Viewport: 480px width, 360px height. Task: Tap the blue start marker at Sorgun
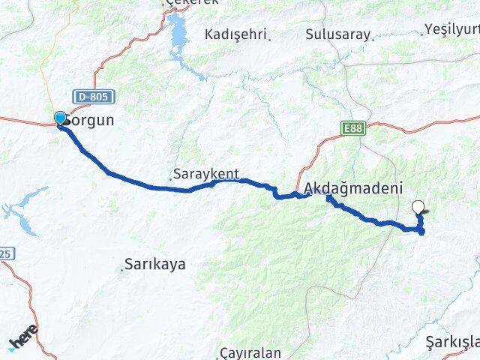point(60,118)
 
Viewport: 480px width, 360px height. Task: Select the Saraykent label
point(206,174)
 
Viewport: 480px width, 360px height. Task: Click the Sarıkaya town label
point(156,264)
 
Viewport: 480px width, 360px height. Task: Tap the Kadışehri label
point(236,34)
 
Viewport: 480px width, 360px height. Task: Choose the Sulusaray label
point(339,34)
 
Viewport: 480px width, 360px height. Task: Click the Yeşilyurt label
point(451,28)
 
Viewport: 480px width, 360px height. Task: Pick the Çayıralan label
point(250,352)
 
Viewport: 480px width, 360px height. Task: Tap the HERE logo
point(24,340)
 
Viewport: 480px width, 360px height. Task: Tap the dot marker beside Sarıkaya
point(122,266)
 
